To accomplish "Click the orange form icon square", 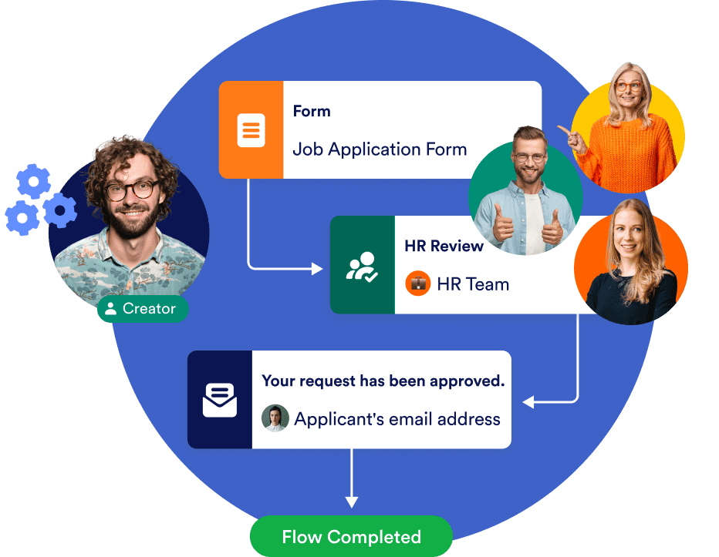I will tap(251, 130).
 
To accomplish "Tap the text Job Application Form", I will tap(380, 149).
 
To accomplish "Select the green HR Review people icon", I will tap(362, 266).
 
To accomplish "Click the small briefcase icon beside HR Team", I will tap(417, 284).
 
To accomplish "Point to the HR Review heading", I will tap(444, 247).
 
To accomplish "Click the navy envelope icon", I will tap(220, 400).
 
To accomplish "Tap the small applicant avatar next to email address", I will tap(275, 418).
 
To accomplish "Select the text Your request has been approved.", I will tap(383, 381).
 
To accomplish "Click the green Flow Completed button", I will tap(351, 536).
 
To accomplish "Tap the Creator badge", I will tap(142, 309).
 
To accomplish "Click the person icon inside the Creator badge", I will tap(111, 309).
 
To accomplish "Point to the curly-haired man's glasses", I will tap(133, 190).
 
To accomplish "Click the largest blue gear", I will tap(59, 210).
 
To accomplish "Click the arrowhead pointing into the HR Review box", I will tap(317, 268).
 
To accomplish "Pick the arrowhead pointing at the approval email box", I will tap(528, 402).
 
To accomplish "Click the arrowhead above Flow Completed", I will tap(352, 502).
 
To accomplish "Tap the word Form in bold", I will tap(312, 112).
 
